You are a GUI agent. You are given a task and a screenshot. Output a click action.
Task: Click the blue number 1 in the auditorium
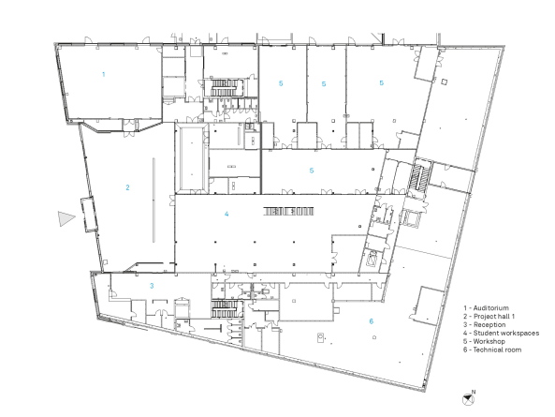[103, 72]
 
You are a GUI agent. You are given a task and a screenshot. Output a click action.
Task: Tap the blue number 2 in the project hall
[127, 187]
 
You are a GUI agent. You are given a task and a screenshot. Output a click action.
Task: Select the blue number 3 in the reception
[153, 284]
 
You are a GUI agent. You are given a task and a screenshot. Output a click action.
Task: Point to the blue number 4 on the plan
[226, 214]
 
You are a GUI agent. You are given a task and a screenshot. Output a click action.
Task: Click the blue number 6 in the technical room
[370, 320]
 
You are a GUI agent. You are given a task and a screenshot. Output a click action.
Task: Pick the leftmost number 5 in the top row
[280, 84]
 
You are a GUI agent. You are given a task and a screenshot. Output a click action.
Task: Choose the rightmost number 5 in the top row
[381, 83]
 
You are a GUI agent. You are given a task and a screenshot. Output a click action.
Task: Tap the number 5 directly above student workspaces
[312, 171]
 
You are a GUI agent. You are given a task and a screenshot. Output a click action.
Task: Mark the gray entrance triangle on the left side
[65, 218]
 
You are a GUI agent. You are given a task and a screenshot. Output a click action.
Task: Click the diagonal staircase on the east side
[418, 175]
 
